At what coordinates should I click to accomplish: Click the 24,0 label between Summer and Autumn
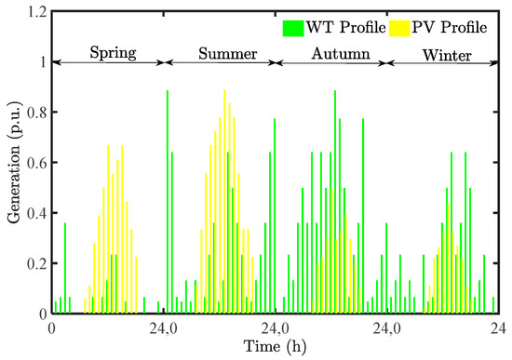276,327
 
